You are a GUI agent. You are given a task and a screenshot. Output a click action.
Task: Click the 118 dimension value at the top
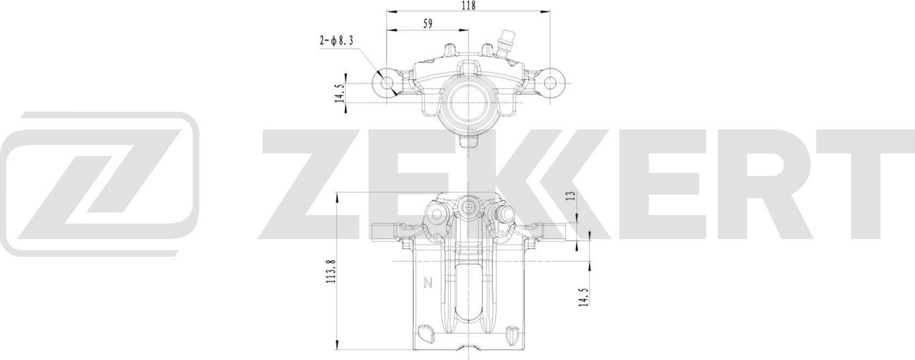pos(468,5)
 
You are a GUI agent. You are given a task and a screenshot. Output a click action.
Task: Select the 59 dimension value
pos(428,24)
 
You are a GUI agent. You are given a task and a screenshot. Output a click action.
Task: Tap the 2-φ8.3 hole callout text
pos(337,41)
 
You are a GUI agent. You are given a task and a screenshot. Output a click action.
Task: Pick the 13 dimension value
pos(571,196)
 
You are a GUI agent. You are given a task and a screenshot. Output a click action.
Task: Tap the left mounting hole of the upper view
pos(388,82)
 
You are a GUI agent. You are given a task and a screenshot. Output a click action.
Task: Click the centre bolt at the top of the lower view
pos(468,207)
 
